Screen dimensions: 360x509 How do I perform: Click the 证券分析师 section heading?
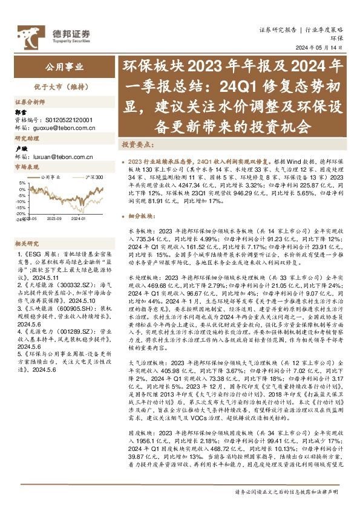(28, 102)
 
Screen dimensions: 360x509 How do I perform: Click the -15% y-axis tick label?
(20, 207)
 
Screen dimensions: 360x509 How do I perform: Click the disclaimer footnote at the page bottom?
(284, 494)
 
